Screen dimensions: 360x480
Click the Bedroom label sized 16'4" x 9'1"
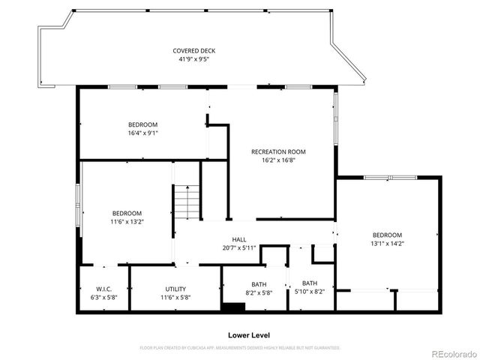[x=142, y=124]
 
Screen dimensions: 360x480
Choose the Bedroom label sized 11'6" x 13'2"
[x=127, y=213]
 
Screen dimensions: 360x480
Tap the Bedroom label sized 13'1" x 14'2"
[x=387, y=235]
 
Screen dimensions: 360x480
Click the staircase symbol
[x=187, y=201]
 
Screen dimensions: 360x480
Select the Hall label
[x=239, y=240]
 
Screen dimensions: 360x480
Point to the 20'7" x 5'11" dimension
[x=239, y=248]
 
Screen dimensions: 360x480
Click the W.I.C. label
[x=103, y=289]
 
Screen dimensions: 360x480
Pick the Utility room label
[x=175, y=289]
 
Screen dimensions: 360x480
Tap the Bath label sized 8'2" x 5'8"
[x=259, y=283]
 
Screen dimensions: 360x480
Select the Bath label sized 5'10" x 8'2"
[x=309, y=283]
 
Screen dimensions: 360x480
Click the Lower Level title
[x=249, y=335]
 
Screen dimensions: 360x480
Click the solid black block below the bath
[x=233, y=307]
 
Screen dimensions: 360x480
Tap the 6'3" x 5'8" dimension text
[x=103, y=297]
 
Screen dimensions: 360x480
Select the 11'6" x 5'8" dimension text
[x=175, y=297]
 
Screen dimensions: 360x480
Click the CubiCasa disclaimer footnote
[x=240, y=348]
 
